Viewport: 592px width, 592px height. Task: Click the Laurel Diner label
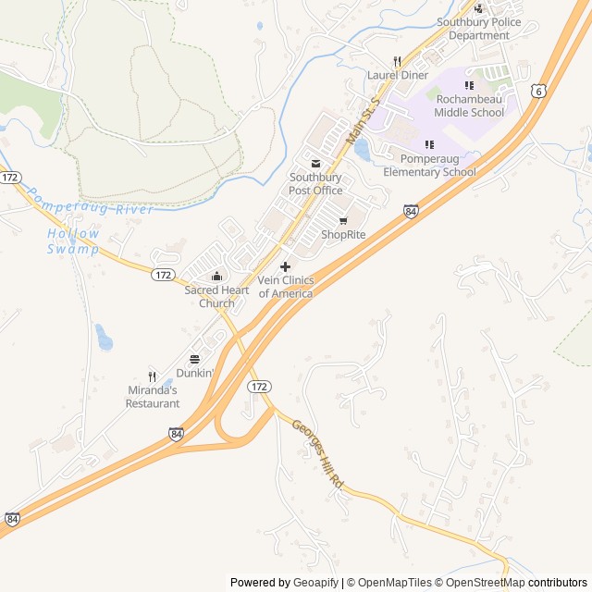click(398, 75)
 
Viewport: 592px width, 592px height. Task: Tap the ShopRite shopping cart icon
click(343, 221)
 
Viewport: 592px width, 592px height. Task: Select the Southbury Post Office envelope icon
click(315, 164)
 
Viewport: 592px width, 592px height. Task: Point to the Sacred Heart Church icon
click(216, 276)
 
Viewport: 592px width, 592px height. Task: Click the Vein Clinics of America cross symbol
click(285, 266)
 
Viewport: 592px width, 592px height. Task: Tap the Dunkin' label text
click(195, 374)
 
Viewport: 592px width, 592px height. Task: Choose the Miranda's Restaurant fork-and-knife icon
click(153, 376)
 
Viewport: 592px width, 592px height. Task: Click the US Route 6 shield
click(538, 90)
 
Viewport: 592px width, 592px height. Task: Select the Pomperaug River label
click(89, 203)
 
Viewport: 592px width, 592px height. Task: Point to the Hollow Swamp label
click(73, 240)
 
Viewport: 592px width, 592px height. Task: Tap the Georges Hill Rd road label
click(318, 456)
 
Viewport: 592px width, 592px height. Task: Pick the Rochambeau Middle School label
click(469, 106)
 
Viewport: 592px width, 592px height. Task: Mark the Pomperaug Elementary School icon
click(429, 144)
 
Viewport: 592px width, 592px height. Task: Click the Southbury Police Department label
click(479, 29)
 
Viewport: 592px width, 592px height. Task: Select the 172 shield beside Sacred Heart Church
click(163, 275)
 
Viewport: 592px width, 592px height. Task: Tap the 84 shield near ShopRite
click(411, 212)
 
